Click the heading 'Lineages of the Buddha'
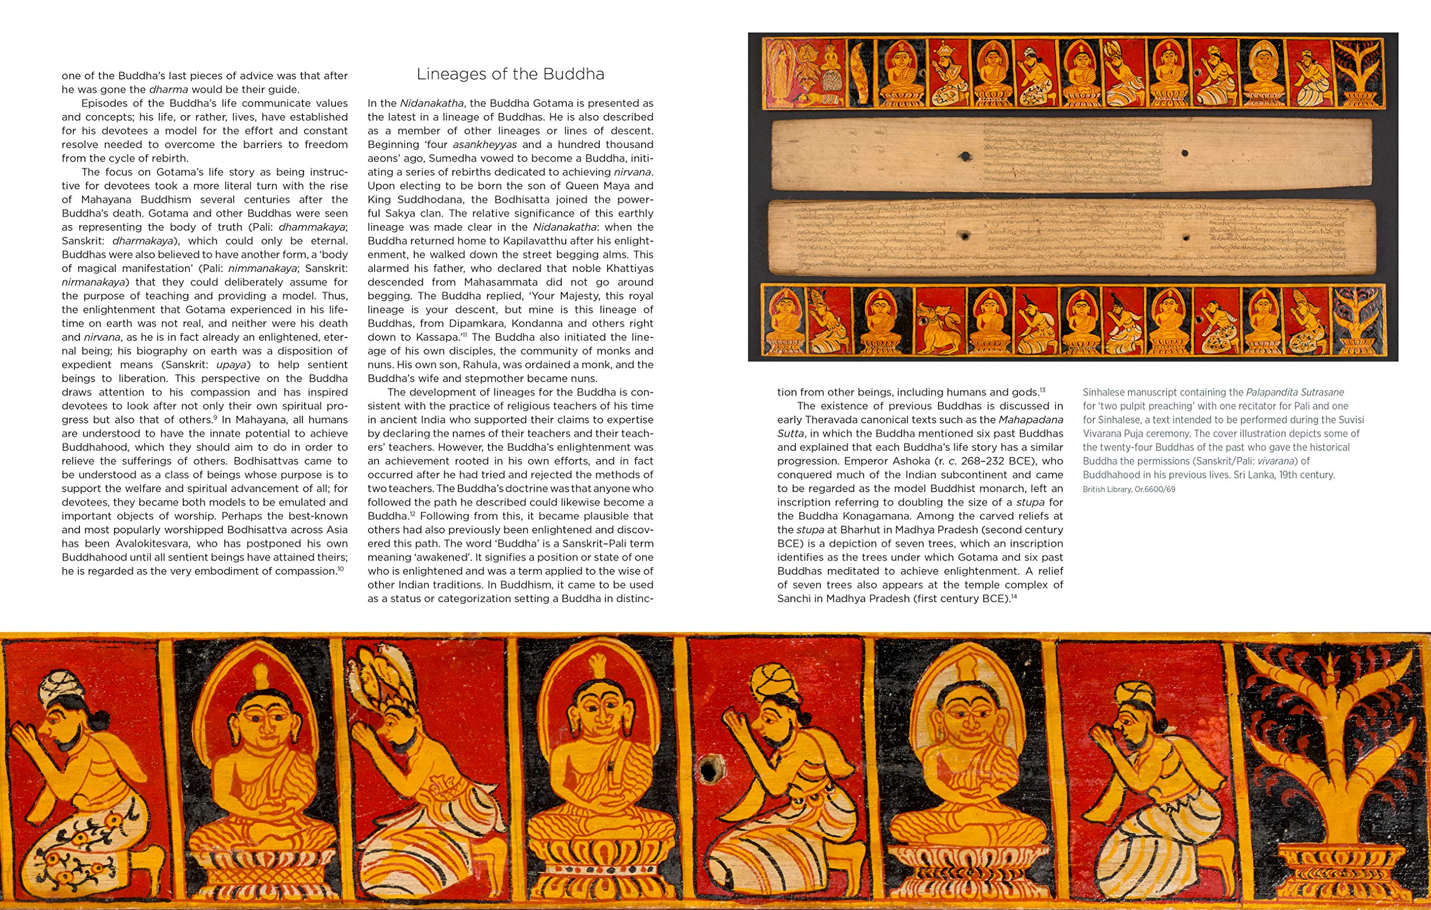(x=510, y=74)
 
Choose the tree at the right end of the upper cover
(x=1358, y=74)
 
